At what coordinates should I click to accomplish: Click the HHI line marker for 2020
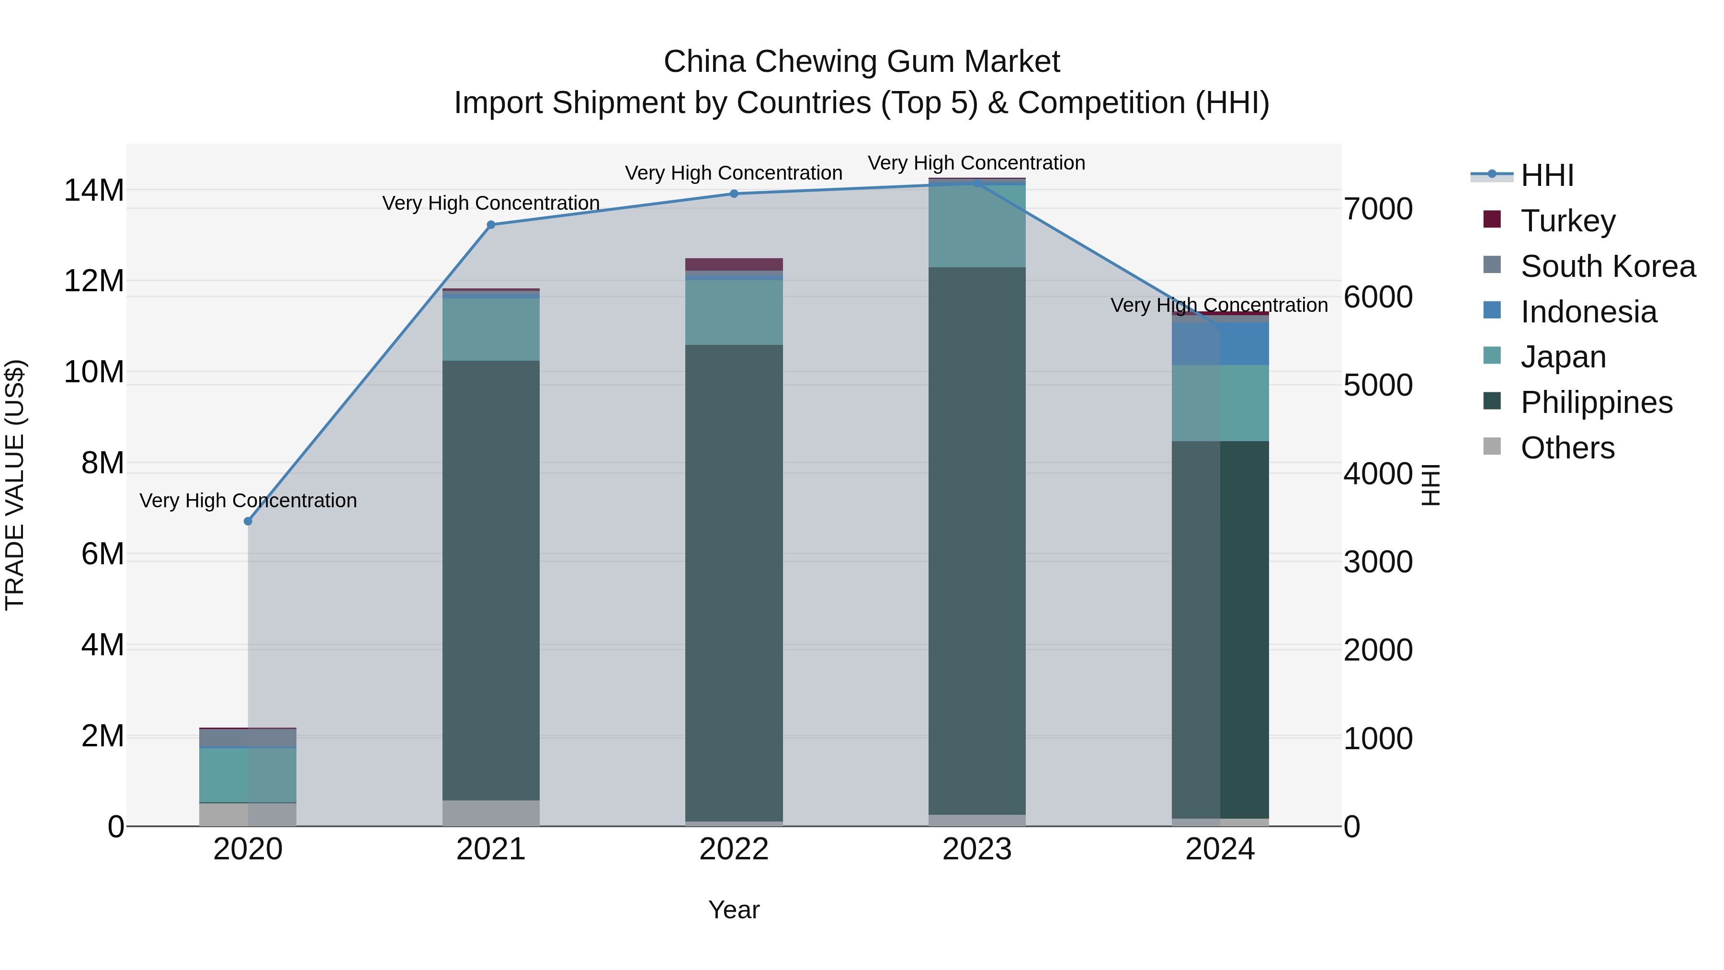coord(248,521)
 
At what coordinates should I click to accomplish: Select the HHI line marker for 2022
coord(734,194)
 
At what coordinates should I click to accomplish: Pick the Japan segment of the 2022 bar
coord(734,312)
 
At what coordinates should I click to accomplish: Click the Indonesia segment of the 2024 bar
coord(1220,344)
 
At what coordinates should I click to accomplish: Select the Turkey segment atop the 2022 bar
coord(734,264)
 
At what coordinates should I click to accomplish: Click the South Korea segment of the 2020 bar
coord(248,738)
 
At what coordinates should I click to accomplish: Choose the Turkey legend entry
coord(1567,221)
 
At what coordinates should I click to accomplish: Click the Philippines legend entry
coord(1596,402)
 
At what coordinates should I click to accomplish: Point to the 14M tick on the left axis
coord(94,191)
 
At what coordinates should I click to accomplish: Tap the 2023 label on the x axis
coord(976,849)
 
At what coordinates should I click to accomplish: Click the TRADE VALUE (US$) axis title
coord(15,485)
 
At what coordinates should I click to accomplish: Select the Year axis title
coord(734,910)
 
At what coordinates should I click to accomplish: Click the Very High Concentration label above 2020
coord(248,501)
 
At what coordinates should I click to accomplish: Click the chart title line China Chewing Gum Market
coord(862,62)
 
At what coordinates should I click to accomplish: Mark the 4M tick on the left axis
coord(102,645)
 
